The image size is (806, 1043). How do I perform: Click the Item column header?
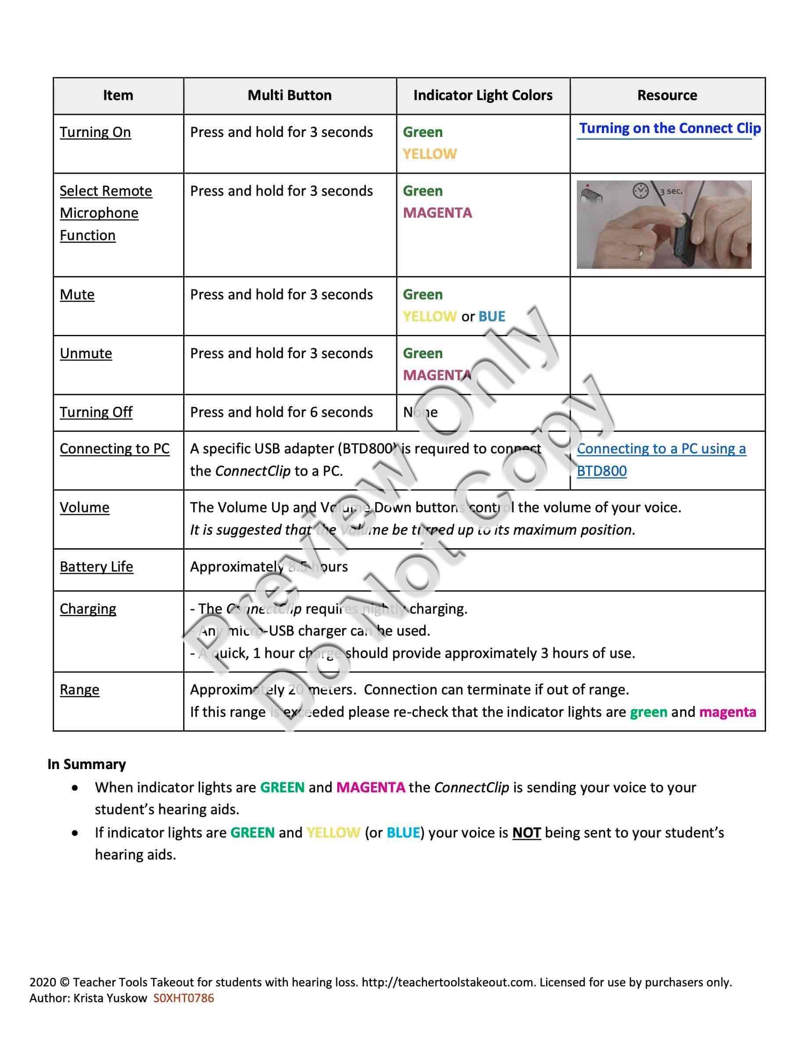(118, 96)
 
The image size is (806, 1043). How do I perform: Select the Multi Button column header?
(289, 96)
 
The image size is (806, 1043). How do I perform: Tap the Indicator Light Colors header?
(483, 96)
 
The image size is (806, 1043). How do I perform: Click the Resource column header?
(667, 96)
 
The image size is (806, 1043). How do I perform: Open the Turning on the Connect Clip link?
(669, 129)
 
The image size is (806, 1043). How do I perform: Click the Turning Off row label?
(96, 412)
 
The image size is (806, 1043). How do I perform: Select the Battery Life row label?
(97, 567)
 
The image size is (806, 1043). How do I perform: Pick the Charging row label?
(88, 609)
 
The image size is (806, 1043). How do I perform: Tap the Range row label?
(79, 690)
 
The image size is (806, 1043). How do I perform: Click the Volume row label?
(85, 507)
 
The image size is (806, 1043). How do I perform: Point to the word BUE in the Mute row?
(491, 316)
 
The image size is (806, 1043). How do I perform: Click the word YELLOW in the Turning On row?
(430, 154)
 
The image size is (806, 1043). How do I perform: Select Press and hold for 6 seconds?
(281, 412)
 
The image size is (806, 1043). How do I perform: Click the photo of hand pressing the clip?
(664, 224)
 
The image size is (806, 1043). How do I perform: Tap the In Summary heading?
(86, 765)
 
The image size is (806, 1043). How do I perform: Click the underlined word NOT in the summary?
(526, 833)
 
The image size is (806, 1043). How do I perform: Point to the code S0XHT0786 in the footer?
(184, 998)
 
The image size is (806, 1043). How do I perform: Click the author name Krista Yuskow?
(110, 998)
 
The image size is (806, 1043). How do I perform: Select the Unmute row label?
(86, 353)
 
